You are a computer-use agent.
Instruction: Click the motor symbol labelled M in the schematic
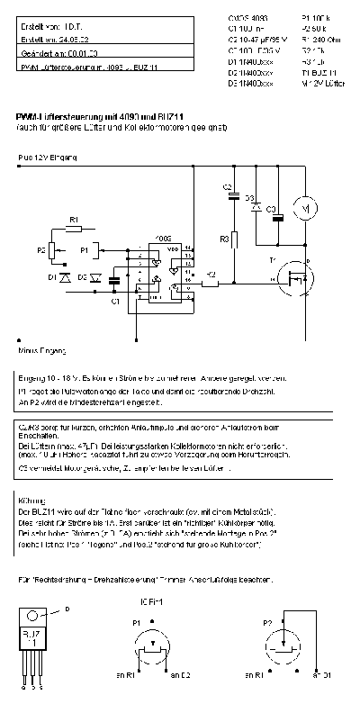pyautogui.click(x=305, y=209)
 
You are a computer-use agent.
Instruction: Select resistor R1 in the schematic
pyautogui.click(x=74, y=229)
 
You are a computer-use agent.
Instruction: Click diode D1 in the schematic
pyautogui.click(x=64, y=277)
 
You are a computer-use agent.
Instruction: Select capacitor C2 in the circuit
pyautogui.click(x=233, y=194)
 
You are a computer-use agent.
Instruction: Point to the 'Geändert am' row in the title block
pyautogui.click(x=58, y=54)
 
